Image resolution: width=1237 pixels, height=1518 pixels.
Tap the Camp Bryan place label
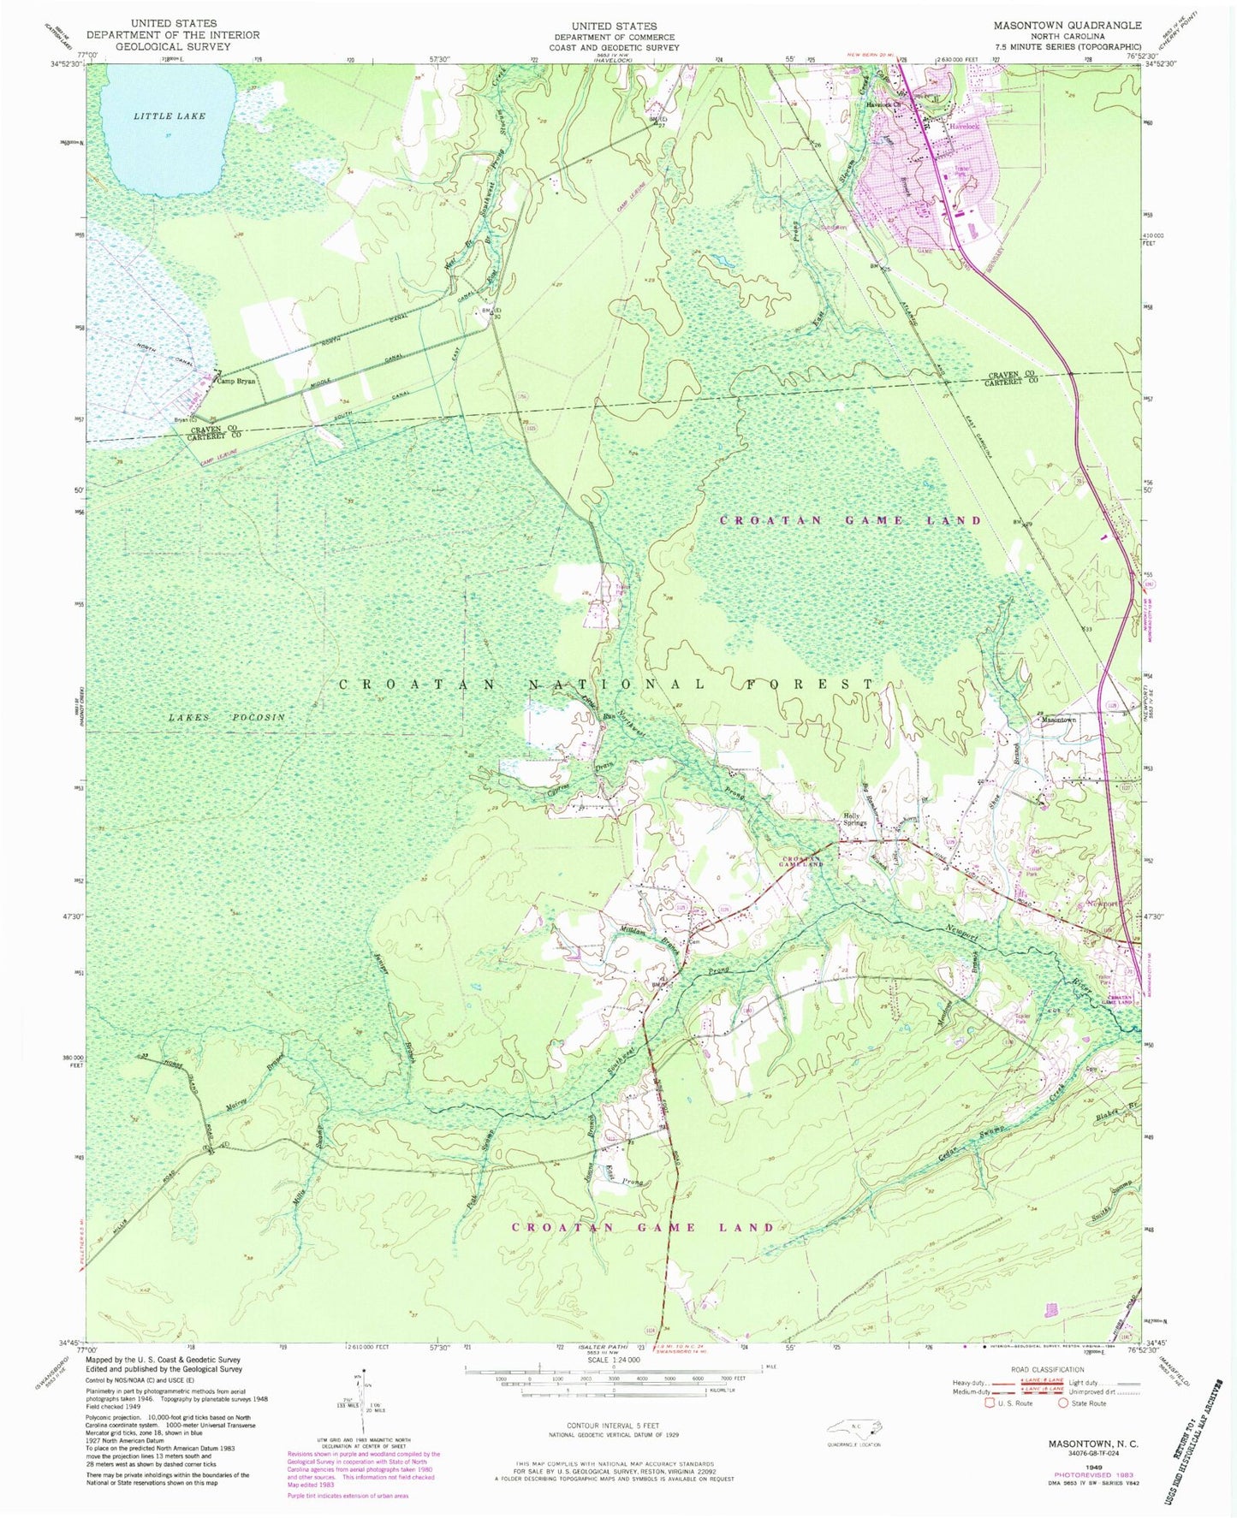tap(236, 382)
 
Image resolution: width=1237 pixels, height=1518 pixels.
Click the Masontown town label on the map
tap(1057, 720)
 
